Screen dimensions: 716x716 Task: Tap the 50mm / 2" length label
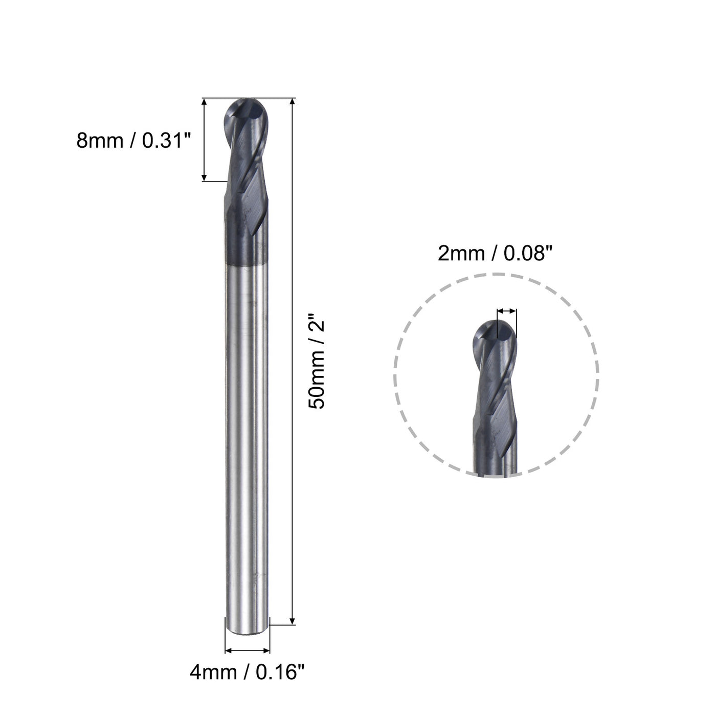[317, 364]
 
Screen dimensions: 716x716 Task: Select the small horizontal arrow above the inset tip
[506, 310]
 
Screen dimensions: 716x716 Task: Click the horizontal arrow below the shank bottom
[248, 651]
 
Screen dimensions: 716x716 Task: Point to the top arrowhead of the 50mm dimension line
[293, 102]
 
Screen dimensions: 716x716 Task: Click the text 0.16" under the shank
[276, 672]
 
